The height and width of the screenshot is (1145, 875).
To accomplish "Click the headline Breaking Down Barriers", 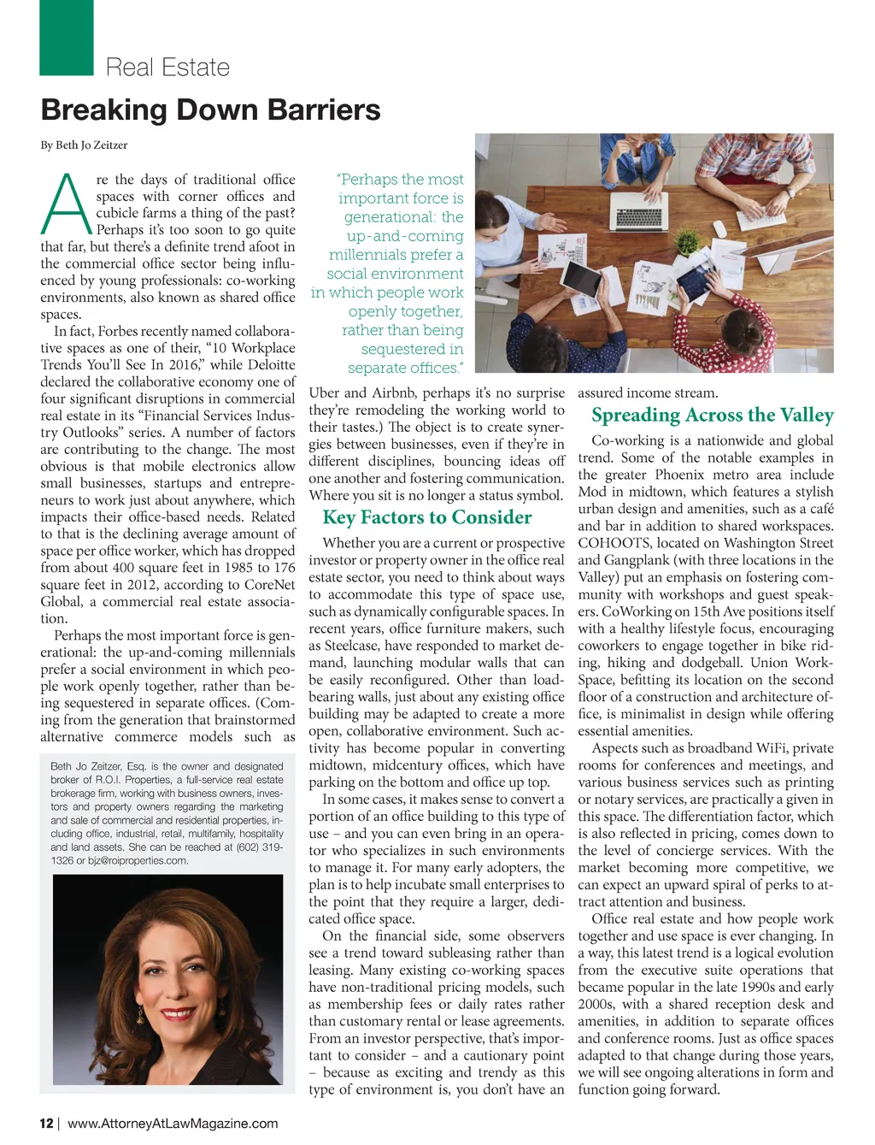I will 210,110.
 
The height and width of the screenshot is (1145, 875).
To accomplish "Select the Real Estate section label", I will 167,68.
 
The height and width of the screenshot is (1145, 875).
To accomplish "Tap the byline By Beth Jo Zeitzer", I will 84,145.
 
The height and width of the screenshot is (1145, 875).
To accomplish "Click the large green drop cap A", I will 65,205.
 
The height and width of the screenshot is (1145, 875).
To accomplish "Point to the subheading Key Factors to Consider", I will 426,517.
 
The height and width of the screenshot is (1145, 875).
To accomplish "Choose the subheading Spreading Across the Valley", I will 712,416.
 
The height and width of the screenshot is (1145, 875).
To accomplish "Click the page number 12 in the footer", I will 46,1123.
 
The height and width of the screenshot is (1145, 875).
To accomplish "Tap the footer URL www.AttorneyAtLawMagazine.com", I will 173,1123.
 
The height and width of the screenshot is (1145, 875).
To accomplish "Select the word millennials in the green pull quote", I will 369,255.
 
